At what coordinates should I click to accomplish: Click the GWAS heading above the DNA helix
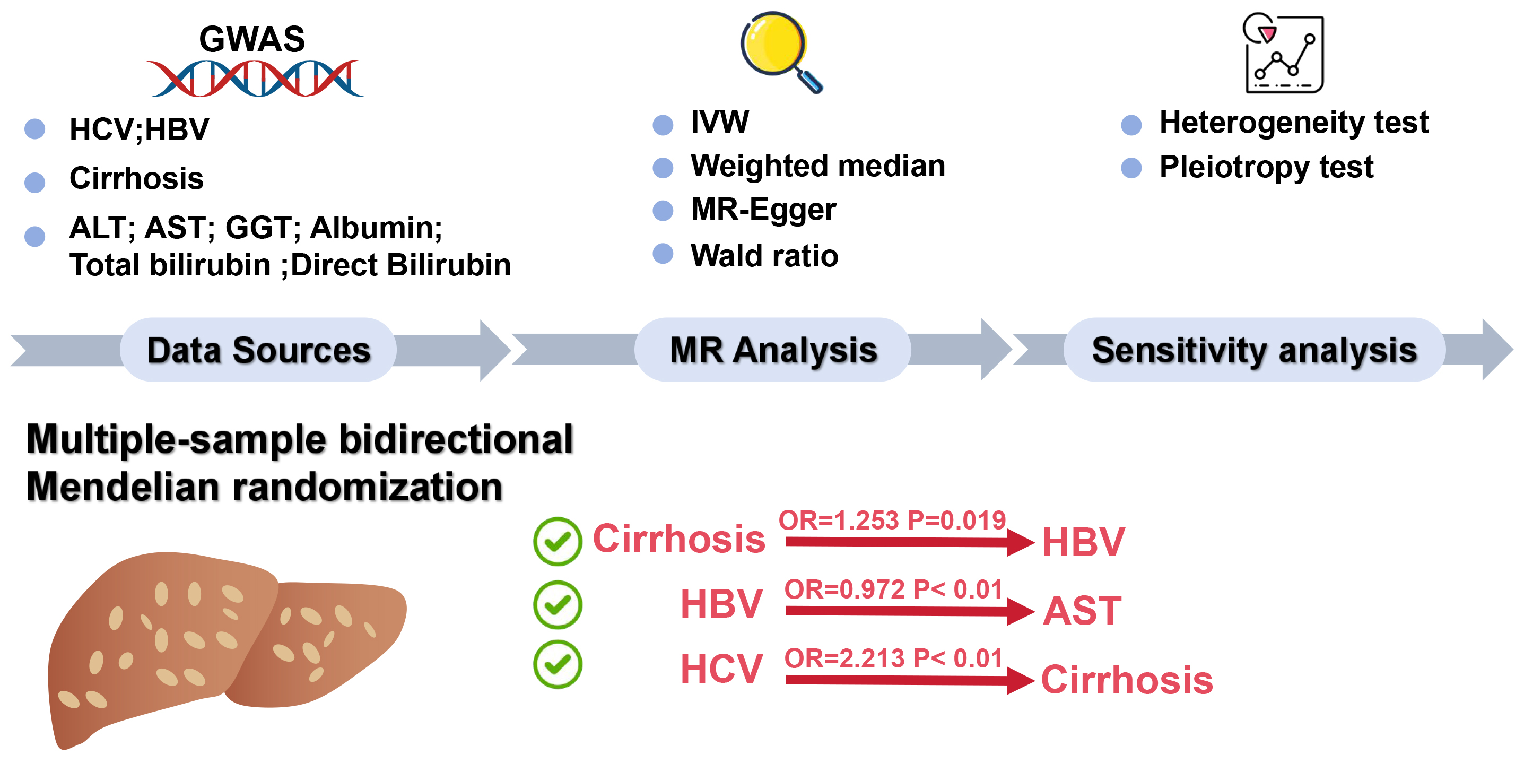(252, 39)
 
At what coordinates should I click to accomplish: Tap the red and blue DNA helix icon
(256, 78)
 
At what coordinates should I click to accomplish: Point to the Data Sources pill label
(258, 350)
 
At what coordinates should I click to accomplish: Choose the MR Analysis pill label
(773, 350)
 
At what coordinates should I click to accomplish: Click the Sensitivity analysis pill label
(1254, 350)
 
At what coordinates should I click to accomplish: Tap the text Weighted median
(817, 166)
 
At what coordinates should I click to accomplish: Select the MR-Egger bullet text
(763, 210)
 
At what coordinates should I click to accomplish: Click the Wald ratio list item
(764, 256)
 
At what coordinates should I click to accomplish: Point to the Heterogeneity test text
(1293, 123)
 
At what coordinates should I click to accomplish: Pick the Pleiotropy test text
(1266, 167)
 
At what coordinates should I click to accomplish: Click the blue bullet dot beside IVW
(663, 125)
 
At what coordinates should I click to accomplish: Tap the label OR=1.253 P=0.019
(892, 521)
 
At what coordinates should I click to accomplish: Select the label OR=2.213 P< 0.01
(893, 658)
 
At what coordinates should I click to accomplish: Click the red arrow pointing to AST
(908, 611)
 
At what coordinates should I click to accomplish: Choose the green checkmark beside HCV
(558, 664)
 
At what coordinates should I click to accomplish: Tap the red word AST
(1082, 611)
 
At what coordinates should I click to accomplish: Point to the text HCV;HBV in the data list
(139, 129)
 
